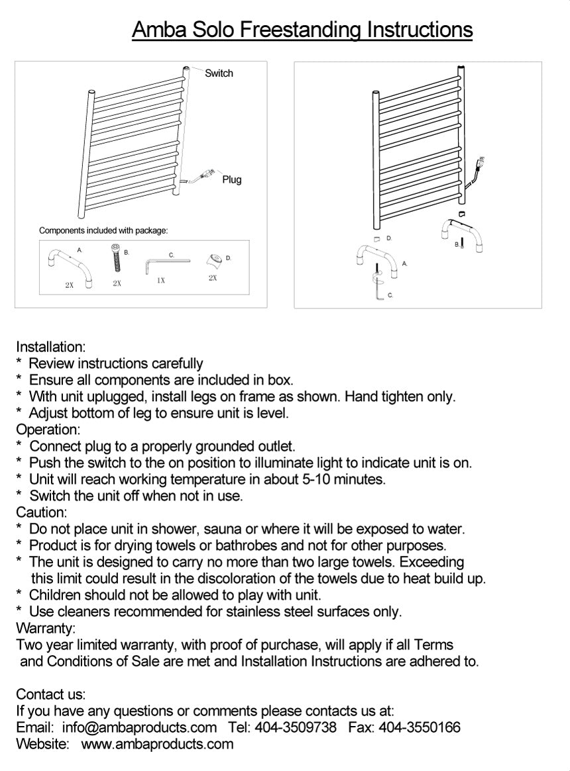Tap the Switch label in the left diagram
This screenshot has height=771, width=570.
(x=219, y=73)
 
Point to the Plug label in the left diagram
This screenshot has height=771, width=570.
(x=231, y=179)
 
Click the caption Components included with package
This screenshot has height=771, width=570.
(x=103, y=230)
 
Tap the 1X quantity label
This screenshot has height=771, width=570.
(x=160, y=281)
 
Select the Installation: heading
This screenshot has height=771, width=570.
(x=50, y=347)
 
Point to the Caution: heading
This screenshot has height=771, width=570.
(x=41, y=512)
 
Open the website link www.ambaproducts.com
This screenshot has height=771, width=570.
(x=157, y=744)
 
